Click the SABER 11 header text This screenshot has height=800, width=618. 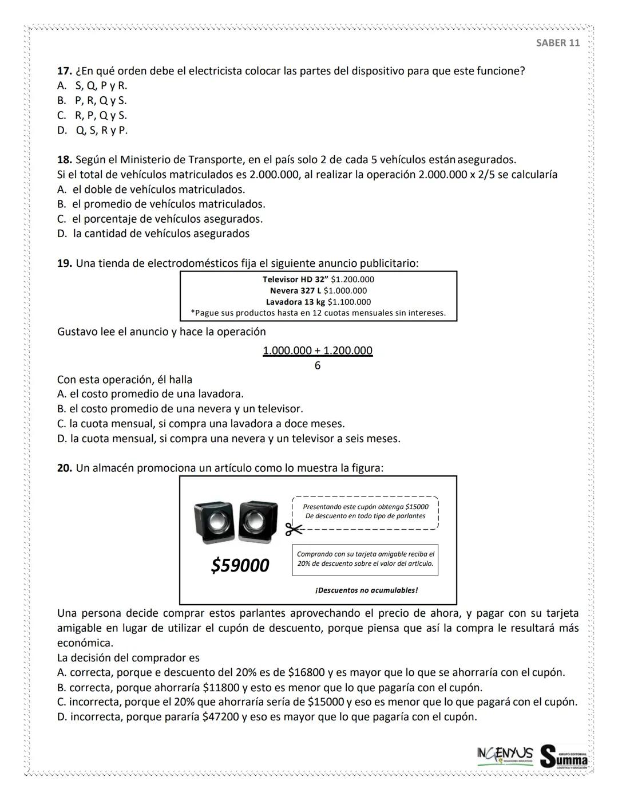[557, 44]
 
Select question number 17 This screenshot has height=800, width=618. [64, 71]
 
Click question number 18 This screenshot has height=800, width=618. [64, 160]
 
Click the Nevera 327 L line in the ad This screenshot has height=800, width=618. [318, 291]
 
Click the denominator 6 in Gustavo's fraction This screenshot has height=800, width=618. [318, 365]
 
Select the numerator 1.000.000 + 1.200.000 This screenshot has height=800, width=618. [318, 350]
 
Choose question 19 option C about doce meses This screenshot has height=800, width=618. [201, 424]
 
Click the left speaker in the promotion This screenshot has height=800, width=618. [215, 522]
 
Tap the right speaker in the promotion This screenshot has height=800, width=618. [257, 521]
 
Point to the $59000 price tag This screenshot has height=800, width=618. [240, 566]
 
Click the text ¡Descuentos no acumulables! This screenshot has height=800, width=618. [366, 590]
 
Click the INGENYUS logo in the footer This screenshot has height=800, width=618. [504, 754]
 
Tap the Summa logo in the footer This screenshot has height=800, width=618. [564, 756]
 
